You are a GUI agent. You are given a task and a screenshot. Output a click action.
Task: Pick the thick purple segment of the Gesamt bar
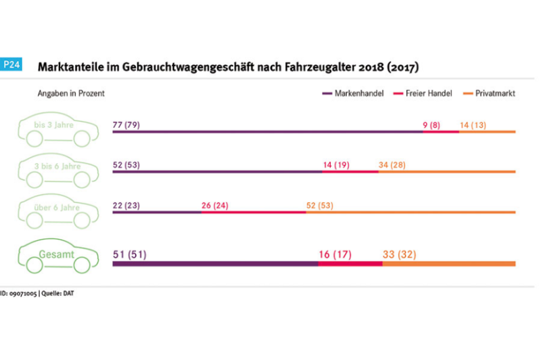[214, 263]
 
